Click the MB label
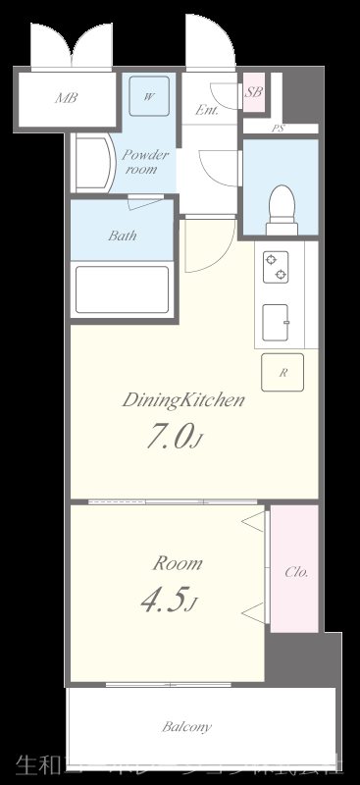tap(67, 98)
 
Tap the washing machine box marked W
tap(150, 96)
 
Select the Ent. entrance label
tap(206, 110)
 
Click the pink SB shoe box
tap(253, 93)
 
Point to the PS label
tap(278, 128)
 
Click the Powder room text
tap(145, 162)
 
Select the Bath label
tap(123, 236)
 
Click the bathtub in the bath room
tap(123, 288)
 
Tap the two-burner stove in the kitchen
tap(275, 264)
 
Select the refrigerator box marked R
tap(283, 373)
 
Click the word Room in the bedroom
tap(177, 563)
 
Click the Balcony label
tap(186, 728)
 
